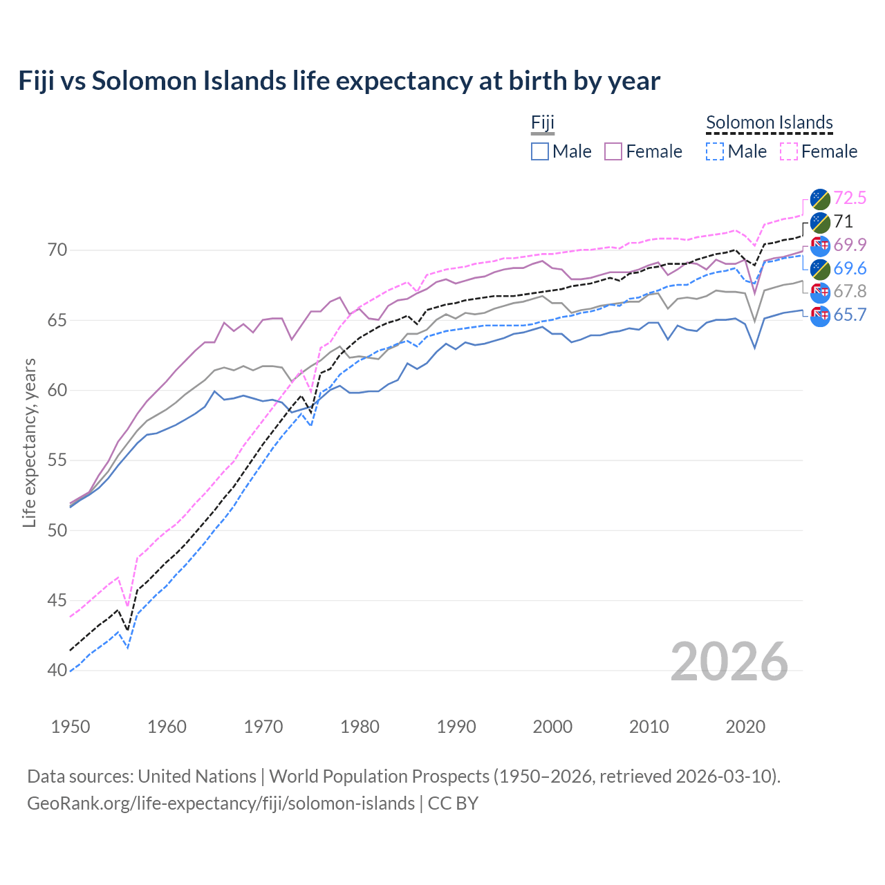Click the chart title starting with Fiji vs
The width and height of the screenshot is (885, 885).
click(x=339, y=81)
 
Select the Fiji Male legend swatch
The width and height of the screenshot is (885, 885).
click(x=540, y=151)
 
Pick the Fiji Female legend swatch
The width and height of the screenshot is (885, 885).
click(x=613, y=151)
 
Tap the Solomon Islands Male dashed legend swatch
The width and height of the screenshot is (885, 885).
click(x=715, y=151)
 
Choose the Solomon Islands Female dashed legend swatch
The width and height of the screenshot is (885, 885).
click(x=789, y=151)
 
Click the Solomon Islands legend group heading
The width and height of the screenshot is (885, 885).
click(x=769, y=123)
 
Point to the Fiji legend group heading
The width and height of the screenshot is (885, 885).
click(x=543, y=123)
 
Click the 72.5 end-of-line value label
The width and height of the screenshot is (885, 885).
click(x=850, y=198)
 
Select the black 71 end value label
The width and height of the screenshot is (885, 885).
click(x=844, y=222)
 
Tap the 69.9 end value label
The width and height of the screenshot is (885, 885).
click(x=850, y=245)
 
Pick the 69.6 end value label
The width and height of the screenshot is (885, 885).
click(x=850, y=269)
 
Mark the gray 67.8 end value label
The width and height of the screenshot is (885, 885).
click(x=850, y=292)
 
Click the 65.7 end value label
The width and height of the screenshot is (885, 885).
click(x=850, y=315)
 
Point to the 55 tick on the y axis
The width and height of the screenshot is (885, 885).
click(x=57, y=460)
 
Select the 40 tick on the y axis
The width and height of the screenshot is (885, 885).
click(x=57, y=671)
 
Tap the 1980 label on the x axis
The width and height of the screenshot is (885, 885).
click(x=360, y=727)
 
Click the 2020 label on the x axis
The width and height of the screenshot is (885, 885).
click(x=745, y=727)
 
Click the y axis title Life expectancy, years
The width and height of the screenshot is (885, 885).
click(x=30, y=442)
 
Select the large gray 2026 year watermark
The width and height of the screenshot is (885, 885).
click(x=729, y=662)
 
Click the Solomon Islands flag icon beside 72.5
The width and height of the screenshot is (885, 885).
click(x=820, y=198)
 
